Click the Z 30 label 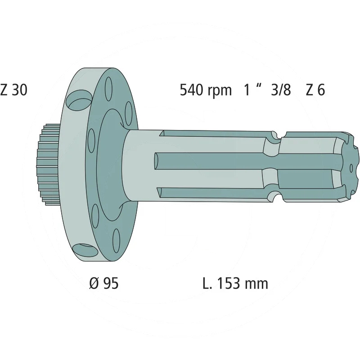[14, 90]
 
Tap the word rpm [220, 91]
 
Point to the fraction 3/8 [281, 90]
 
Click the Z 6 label [315, 90]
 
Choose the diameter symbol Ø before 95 [94, 283]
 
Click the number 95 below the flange [111, 283]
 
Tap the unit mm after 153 [256, 285]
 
